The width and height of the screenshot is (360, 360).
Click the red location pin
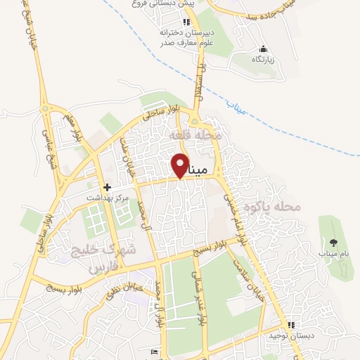click(180, 165)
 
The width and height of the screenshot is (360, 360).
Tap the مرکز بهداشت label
click(108, 198)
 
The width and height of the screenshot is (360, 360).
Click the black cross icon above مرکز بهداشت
click(107, 187)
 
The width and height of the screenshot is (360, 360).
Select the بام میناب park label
click(333, 252)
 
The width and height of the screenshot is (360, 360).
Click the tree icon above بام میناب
click(333, 242)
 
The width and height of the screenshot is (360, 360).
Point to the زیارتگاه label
click(263, 59)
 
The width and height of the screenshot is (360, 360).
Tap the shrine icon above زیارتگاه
click(263, 49)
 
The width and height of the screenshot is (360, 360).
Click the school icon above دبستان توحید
click(290, 325)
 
